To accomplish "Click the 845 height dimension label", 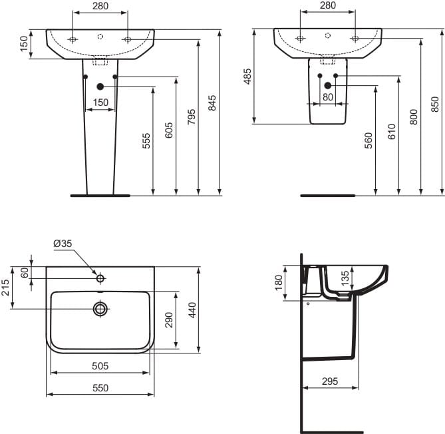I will (x=213, y=103).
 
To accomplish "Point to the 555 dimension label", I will (x=146, y=141).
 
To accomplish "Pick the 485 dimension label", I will (x=247, y=77).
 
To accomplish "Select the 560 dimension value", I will (x=369, y=140).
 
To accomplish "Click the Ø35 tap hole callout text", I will (x=63, y=244).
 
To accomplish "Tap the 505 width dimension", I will (x=100, y=366).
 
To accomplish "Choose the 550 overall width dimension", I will (x=100, y=387).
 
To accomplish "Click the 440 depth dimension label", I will (x=193, y=310).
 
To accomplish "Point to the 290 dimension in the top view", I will (x=170, y=320).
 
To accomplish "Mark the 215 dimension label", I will (x=6, y=288).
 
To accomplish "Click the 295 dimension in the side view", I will (x=329, y=381).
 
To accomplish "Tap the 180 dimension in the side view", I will (x=278, y=283).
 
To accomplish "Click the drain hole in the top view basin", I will (x=100, y=308).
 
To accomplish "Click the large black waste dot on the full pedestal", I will (x=100, y=87).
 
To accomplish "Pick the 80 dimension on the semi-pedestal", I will (x=327, y=97).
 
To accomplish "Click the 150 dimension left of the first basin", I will (x=24, y=44).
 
